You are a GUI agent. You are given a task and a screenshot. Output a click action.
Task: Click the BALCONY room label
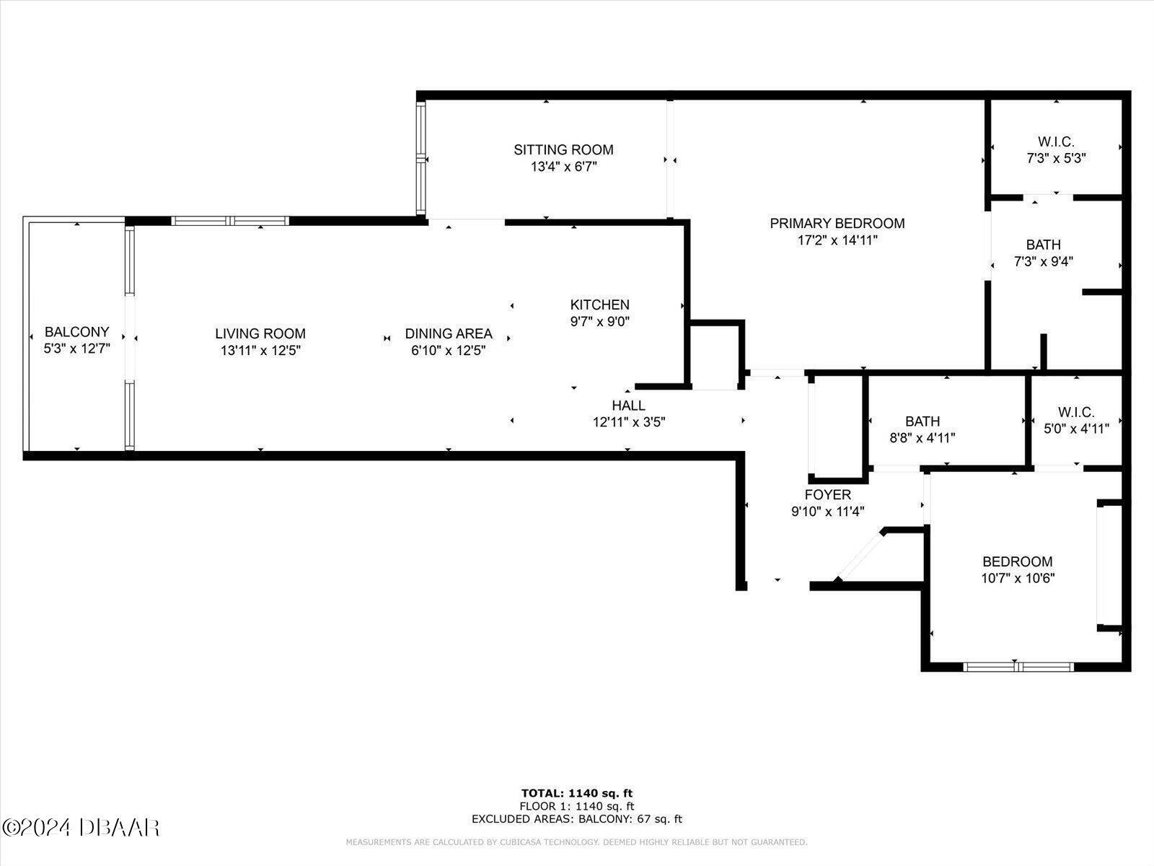76,332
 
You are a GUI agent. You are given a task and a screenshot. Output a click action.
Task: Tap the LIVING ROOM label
260,333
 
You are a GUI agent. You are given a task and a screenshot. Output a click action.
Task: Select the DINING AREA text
449,333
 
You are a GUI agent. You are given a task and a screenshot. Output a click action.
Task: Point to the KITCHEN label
600,305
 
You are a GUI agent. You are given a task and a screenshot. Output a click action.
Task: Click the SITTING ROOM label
563,150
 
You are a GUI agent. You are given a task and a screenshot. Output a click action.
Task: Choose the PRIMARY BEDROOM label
837,224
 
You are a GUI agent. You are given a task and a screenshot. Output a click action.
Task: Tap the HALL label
629,406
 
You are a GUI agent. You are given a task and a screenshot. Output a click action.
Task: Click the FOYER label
828,495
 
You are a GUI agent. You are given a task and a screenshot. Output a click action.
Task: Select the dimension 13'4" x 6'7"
563,167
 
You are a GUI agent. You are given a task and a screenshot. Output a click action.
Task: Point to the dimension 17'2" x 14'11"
837,240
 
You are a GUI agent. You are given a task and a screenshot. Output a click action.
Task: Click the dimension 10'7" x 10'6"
1018,578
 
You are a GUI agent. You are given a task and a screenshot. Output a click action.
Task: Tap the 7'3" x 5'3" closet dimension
1056,158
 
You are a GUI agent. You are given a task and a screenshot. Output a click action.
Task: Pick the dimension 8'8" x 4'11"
922,438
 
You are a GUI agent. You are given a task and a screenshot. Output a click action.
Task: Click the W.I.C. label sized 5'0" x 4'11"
1076,411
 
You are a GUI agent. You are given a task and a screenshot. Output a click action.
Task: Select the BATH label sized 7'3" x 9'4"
1044,245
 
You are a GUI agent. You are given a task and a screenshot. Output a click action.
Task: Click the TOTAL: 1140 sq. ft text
577,793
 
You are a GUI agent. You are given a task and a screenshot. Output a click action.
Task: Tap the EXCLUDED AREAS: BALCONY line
577,819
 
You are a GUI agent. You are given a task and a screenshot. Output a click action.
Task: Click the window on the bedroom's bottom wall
1019,667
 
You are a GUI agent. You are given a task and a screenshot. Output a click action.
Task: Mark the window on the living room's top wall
230,221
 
